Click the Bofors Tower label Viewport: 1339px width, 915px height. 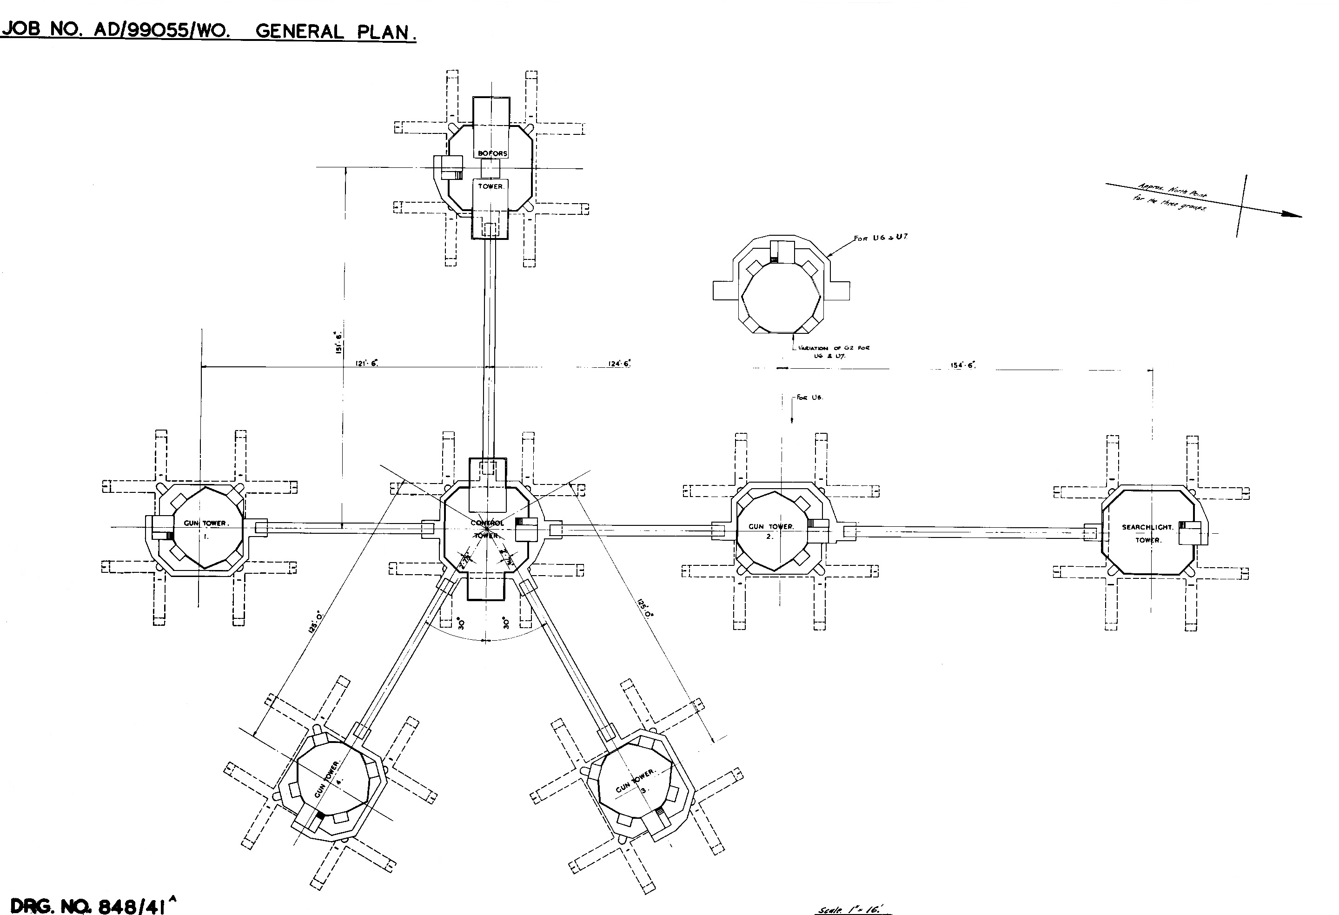pos(491,169)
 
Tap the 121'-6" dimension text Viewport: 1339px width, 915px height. pos(366,363)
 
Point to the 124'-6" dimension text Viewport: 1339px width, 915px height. pos(619,363)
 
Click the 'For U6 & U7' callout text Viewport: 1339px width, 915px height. pos(881,238)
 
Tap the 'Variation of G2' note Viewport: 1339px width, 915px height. pos(833,351)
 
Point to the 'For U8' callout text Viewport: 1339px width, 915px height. pos(809,398)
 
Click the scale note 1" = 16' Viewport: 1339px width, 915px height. pos(855,909)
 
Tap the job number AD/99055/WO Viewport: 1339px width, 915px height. pos(162,30)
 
